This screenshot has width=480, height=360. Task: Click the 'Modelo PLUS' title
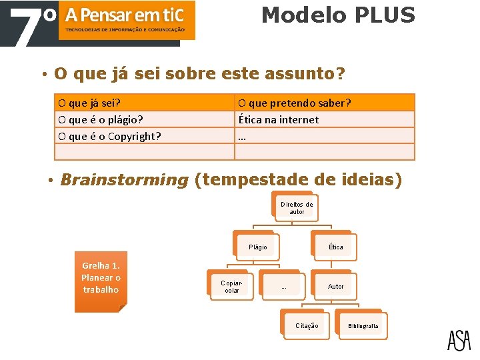click(x=338, y=15)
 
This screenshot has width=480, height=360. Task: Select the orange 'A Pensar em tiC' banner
click(x=127, y=20)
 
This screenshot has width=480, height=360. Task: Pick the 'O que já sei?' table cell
click(x=144, y=103)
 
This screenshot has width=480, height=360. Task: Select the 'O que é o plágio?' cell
click(x=144, y=119)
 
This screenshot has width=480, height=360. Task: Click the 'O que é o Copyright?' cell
click(x=144, y=136)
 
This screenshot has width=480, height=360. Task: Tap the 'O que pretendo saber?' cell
click(x=324, y=103)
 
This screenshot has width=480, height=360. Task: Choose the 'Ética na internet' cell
click(x=324, y=119)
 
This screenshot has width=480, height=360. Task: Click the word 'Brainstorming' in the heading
click(x=124, y=180)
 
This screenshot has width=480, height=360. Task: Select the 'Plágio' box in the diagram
click(x=257, y=247)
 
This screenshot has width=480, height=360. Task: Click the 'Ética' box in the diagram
click(x=335, y=247)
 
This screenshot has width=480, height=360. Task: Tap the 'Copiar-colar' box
click(x=231, y=286)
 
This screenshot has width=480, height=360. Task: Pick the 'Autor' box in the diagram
click(x=335, y=286)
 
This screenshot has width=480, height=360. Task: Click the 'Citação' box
click(x=307, y=326)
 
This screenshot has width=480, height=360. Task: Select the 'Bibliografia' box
click(x=362, y=326)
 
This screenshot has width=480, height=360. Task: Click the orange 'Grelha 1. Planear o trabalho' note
click(x=101, y=281)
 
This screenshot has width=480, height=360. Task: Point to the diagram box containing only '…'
click(x=283, y=286)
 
